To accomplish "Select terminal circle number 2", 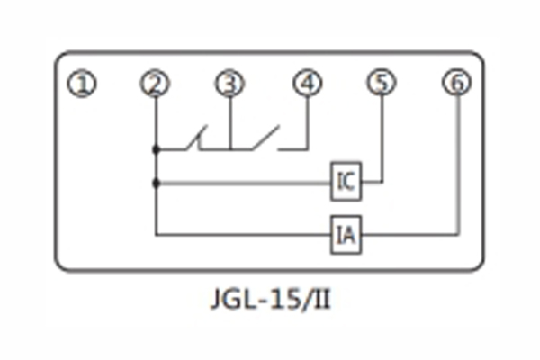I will click(156, 85).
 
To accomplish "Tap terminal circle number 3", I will click(230, 85).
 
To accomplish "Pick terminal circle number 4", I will click(307, 85).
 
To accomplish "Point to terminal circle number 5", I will click(382, 85).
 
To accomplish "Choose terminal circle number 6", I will click(457, 85).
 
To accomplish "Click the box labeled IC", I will click(346, 182).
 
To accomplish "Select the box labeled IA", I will click(346, 235).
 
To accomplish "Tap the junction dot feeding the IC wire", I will click(156, 182).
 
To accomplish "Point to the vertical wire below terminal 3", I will click(230, 121).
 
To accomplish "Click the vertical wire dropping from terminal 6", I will click(457, 162).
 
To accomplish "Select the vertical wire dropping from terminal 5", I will click(382, 135).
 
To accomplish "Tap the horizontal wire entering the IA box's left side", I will click(243, 235).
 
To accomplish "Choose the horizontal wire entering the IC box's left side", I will click(243, 182).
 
